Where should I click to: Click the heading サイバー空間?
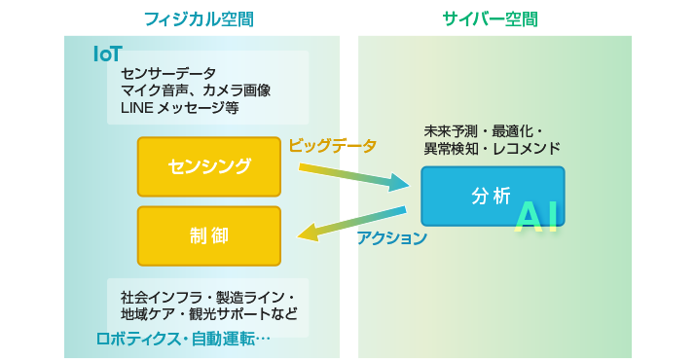(x=491, y=18)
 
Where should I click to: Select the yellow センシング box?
(x=208, y=165)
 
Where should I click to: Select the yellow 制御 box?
(x=208, y=235)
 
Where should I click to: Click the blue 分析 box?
(x=492, y=196)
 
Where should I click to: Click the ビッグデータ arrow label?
(x=332, y=146)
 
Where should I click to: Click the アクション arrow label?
(x=391, y=238)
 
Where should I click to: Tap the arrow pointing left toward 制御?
(x=350, y=223)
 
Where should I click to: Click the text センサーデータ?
(x=168, y=74)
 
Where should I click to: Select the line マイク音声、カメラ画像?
(x=196, y=90)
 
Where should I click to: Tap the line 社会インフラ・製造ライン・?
(x=207, y=296)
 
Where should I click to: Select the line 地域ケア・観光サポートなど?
(x=208, y=313)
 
